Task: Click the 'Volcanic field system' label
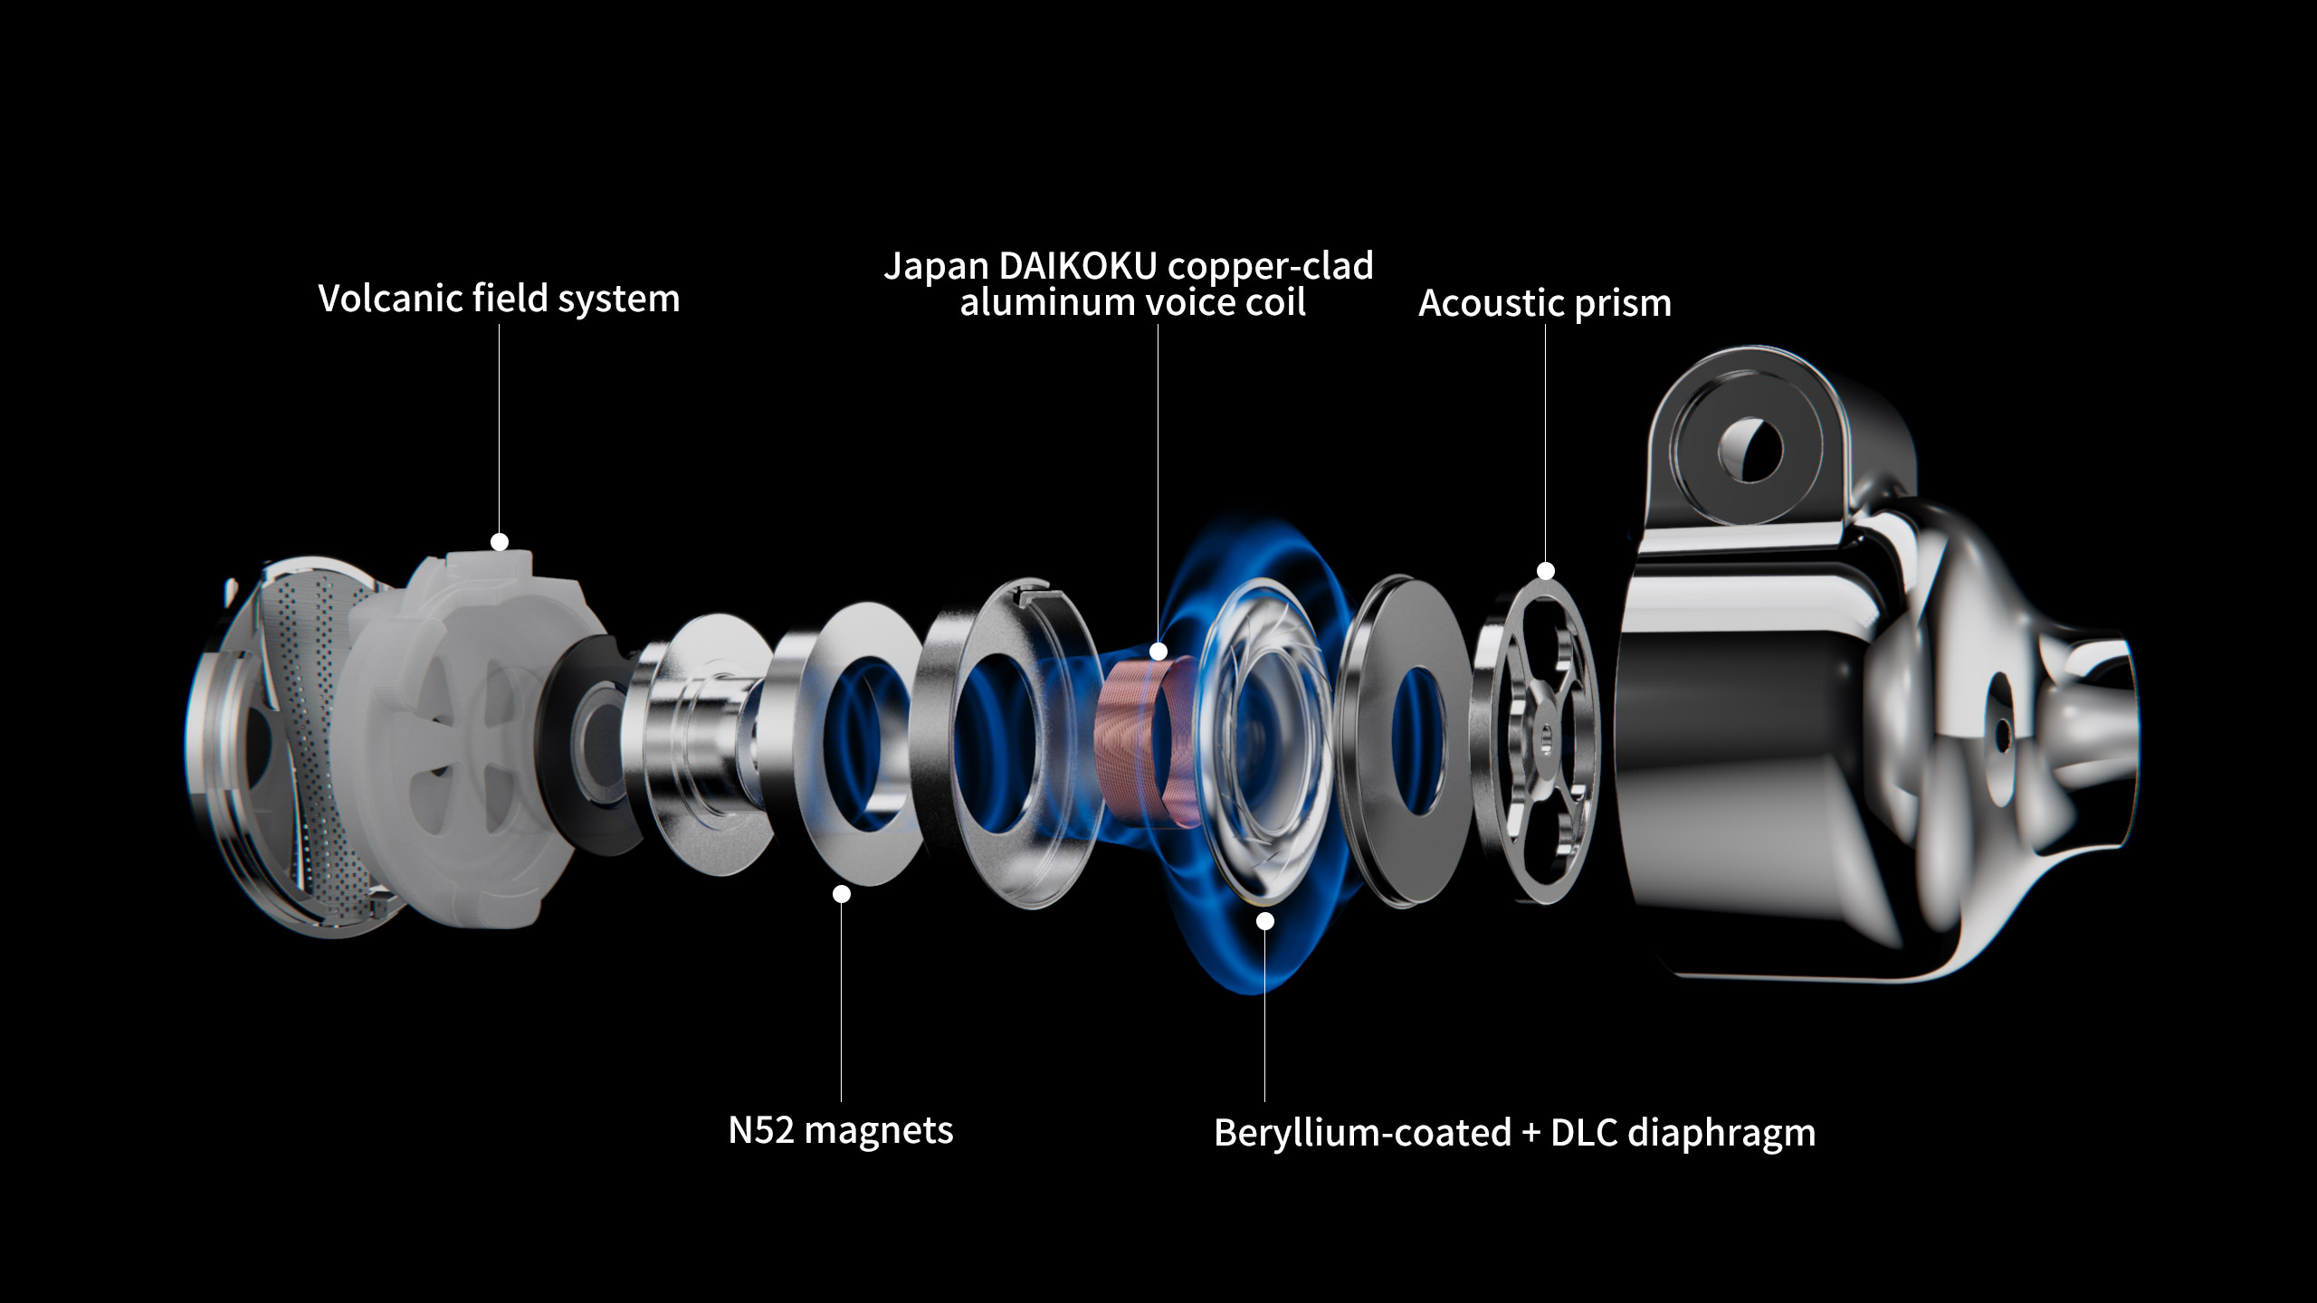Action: tap(499, 299)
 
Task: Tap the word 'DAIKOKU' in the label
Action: tap(1078, 266)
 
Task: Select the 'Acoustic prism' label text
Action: tap(1545, 303)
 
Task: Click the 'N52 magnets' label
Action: tap(841, 1130)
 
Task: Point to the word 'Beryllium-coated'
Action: tap(1363, 1133)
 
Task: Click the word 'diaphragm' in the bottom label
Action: tap(1721, 1134)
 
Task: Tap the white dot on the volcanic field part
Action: tap(500, 542)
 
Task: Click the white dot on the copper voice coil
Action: tap(1158, 651)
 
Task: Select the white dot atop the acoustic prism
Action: tap(1546, 571)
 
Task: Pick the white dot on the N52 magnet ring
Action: tap(842, 894)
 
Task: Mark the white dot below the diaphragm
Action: tap(1265, 921)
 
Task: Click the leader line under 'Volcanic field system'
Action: tap(500, 429)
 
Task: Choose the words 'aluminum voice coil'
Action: tap(1132, 303)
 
